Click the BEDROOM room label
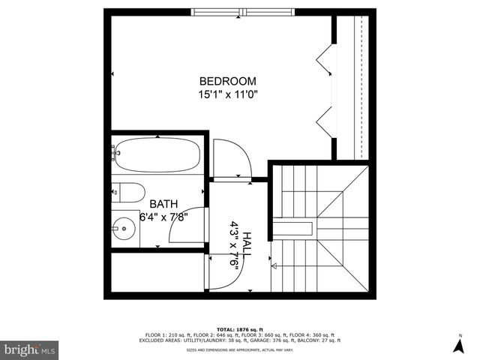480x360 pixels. (x=227, y=81)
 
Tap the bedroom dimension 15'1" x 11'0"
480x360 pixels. (x=227, y=95)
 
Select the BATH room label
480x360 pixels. (x=163, y=204)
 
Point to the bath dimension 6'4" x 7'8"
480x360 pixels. (x=163, y=217)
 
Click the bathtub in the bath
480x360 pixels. (x=157, y=155)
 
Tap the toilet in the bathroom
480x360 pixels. (x=127, y=193)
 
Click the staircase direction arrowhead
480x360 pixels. (x=274, y=265)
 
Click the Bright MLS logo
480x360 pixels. (x=29, y=349)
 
